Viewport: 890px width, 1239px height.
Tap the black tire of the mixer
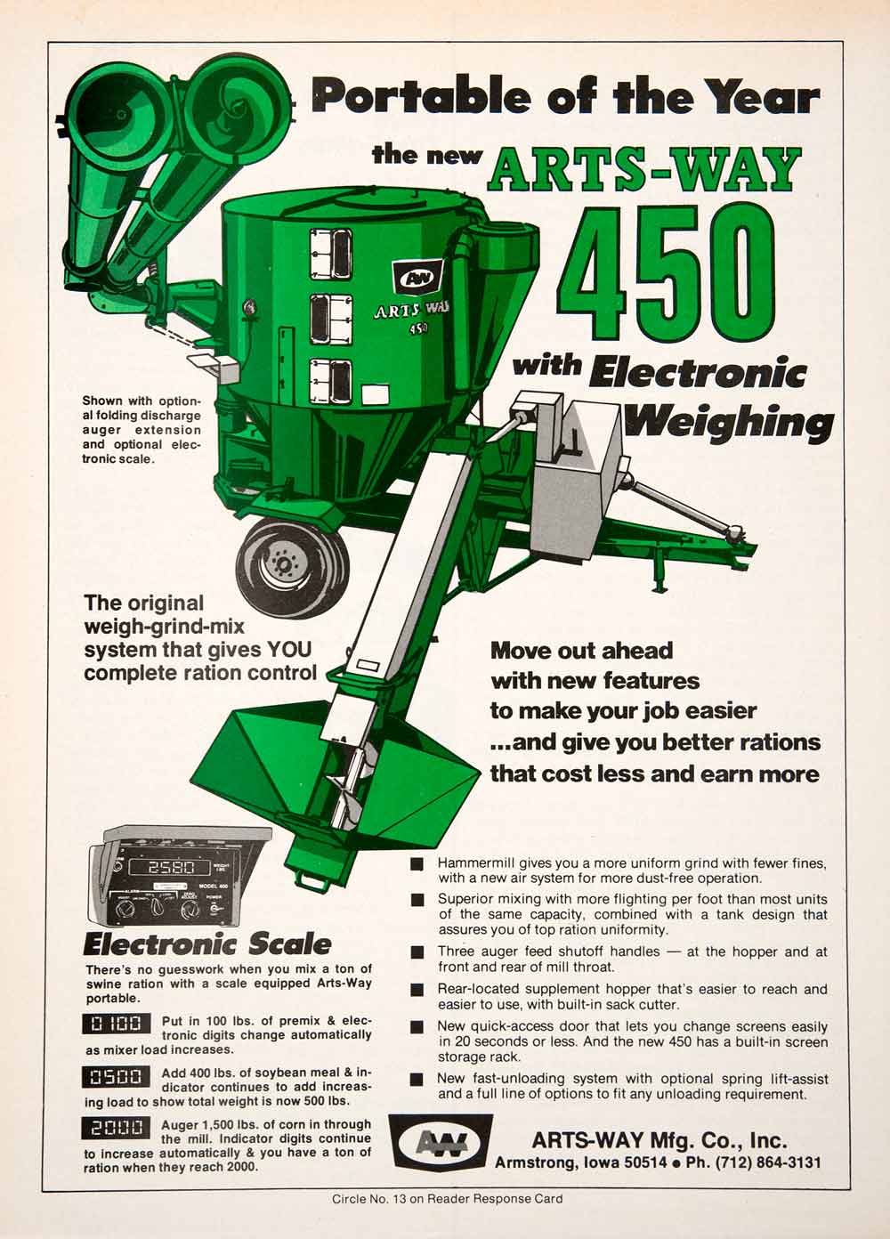[292, 564]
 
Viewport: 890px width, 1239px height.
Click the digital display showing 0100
[117, 1024]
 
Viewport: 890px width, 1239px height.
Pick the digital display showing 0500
[117, 1076]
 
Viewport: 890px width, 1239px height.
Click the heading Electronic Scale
[206, 944]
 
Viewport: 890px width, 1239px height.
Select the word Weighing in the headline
[729, 424]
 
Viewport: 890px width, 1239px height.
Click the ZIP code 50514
[645, 1162]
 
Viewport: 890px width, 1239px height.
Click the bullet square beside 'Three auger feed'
[417, 952]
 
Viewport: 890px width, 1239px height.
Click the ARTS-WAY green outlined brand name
[645, 168]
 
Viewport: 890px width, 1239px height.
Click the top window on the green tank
[331, 254]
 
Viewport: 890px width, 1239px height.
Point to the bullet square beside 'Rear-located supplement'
[417, 990]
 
